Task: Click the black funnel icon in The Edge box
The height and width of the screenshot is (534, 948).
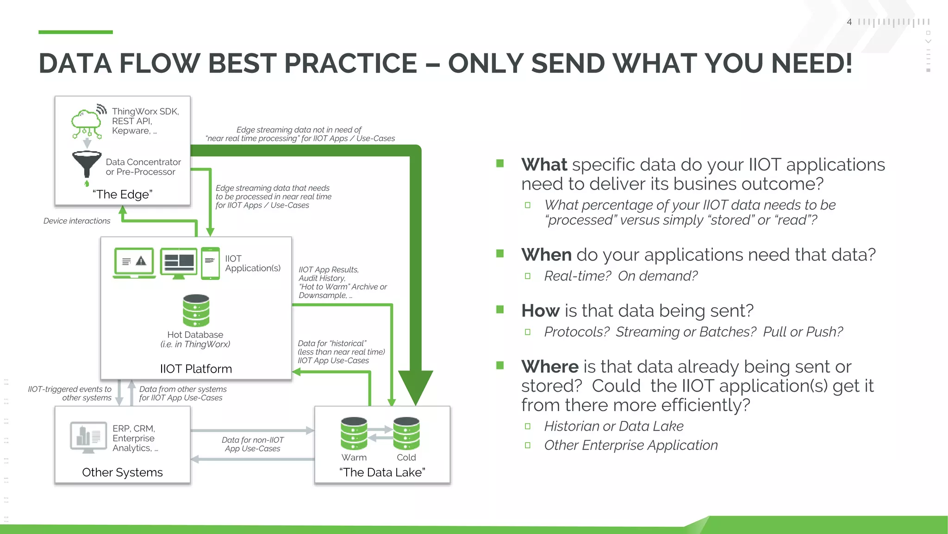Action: pos(87,163)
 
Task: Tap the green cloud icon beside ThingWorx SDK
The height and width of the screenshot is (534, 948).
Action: pos(86,121)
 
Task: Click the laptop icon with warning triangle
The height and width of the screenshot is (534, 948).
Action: pos(134,263)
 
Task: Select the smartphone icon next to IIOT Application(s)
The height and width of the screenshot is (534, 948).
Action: pos(210,263)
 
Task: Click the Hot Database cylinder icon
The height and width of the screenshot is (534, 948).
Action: pos(196,310)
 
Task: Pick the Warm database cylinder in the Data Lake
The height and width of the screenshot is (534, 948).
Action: pos(354,433)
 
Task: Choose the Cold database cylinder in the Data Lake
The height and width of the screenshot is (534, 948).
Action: pos(406,433)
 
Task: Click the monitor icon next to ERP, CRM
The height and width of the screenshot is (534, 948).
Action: pos(88,437)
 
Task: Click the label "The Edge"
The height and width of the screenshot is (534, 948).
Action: pos(122,194)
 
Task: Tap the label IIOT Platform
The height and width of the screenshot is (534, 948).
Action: pos(196,369)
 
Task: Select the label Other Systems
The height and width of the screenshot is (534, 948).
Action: pos(122,472)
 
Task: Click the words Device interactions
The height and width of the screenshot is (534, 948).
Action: pos(77,221)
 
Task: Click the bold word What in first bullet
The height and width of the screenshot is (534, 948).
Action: pos(544,165)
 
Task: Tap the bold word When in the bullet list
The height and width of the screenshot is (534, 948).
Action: pos(546,255)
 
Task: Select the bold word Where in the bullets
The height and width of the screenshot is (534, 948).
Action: pos(549,367)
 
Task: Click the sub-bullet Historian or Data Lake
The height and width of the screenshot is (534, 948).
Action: pos(613,426)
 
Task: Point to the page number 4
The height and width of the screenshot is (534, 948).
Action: pos(849,22)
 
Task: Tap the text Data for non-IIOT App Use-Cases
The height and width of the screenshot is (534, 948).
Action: pos(252,444)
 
